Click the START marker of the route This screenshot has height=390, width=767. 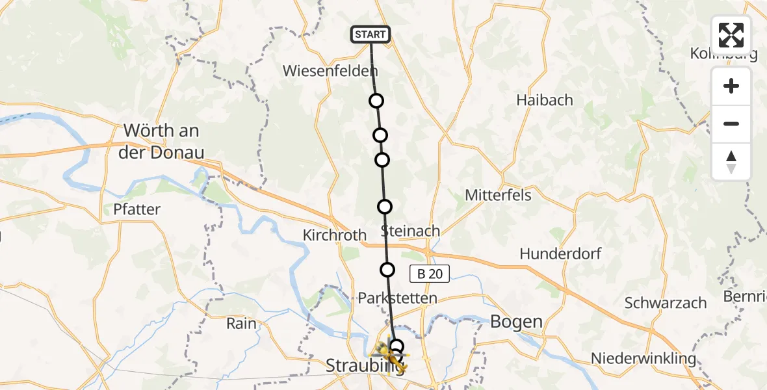(x=370, y=34)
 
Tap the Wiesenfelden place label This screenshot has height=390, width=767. (x=330, y=71)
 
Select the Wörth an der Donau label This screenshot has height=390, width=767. (x=163, y=141)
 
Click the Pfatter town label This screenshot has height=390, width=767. (x=136, y=209)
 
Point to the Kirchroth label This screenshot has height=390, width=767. (x=335, y=235)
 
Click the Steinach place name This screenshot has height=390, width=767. (x=410, y=231)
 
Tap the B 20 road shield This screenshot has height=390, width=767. (x=430, y=274)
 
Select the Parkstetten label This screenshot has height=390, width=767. (x=397, y=298)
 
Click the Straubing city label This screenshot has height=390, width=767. (x=351, y=366)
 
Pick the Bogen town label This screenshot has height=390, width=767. (x=516, y=321)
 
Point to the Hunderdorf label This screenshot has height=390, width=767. (x=560, y=253)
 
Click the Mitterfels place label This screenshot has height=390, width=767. (x=499, y=195)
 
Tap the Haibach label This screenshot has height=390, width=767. (x=545, y=100)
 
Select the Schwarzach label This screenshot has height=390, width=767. (x=665, y=302)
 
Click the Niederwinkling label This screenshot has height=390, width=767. (x=643, y=358)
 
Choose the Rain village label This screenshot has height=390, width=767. (x=241, y=323)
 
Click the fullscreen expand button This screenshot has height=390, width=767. (x=731, y=35)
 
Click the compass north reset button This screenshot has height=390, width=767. (x=731, y=162)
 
